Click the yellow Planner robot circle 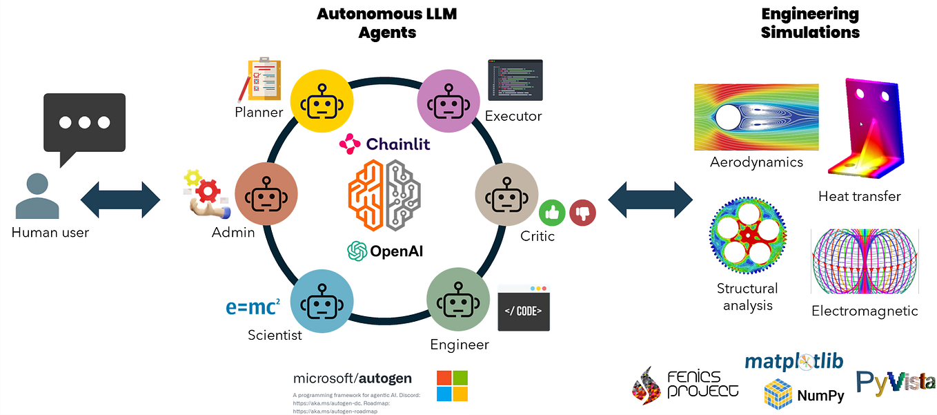coord(322,101)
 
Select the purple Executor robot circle coord(449,101)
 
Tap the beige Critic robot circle coord(507,195)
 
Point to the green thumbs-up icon coord(552,213)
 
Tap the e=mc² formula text coord(253,307)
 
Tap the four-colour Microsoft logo coord(452,386)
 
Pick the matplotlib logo coord(793,361)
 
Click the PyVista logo coord(896,382)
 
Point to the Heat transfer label coord(859,196)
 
